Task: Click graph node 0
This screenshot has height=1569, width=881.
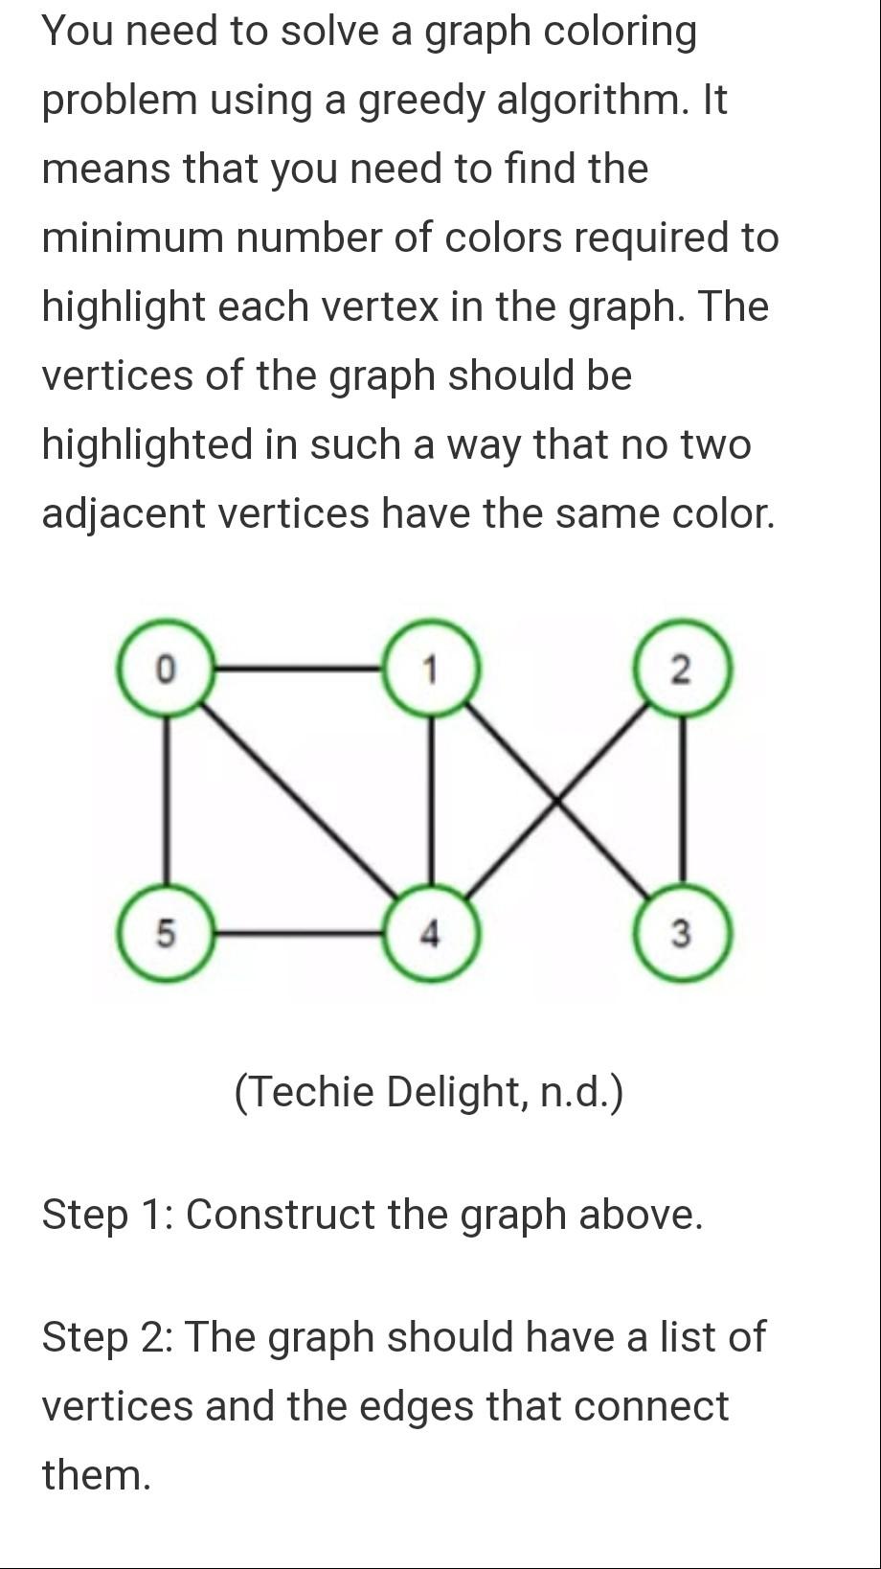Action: [x=165, y=668]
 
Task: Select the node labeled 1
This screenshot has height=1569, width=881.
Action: [x=430, y=668]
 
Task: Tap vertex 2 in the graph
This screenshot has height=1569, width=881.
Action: [x=682, y=669]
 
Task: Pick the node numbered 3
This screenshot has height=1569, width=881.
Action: [x=682, y=932]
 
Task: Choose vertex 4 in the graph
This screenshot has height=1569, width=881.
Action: [x=430, y=932]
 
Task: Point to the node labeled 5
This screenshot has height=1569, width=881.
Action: [x=165, y=932]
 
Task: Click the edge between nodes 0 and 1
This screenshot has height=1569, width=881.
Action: [x=297, y=668]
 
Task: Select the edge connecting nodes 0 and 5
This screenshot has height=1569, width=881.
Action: [x=165, y=800]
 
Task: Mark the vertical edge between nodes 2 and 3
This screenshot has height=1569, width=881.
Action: [x=682, y=800]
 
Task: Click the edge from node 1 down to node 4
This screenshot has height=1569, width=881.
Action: [x=430, y=800]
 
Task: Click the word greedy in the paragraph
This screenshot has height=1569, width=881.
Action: [x=420, y=101]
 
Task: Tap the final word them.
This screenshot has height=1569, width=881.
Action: [x=96, y=1475]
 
